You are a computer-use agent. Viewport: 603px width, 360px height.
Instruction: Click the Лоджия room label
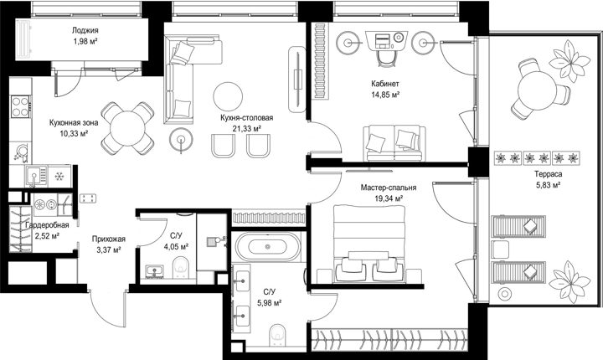click(x=85, y=30)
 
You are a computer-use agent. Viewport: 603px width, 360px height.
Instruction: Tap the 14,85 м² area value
click(x=385, y=94)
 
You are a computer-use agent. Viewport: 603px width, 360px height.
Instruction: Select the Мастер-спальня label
click(x=389, y=188)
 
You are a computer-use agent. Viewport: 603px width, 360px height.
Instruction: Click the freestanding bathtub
click(x=267, y=246)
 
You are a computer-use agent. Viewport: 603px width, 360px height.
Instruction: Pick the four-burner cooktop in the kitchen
click(x=20, y=106)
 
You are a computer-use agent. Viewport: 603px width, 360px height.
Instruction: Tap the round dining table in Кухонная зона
click(x=127, y=128)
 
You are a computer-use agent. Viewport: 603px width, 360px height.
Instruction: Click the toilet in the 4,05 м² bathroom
click(x=181, y=267)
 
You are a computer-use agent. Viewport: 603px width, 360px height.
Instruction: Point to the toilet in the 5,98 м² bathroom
click(x=278, y=335)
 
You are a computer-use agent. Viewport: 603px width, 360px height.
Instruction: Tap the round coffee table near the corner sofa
click(x=228, y=96)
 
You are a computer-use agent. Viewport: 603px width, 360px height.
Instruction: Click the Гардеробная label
click(x=47, y=225)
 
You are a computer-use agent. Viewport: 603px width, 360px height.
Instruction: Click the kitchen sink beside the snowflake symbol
click(x=35, y=177)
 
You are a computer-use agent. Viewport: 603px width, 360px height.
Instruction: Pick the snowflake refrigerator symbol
click(x=59, y=177)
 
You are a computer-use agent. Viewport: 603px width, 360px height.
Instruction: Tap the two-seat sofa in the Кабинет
click(x=394, y=143)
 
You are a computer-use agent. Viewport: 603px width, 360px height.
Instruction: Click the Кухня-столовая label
click(x=246, y=118)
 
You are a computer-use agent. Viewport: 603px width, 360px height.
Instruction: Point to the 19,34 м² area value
click(x=389, y=198)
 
